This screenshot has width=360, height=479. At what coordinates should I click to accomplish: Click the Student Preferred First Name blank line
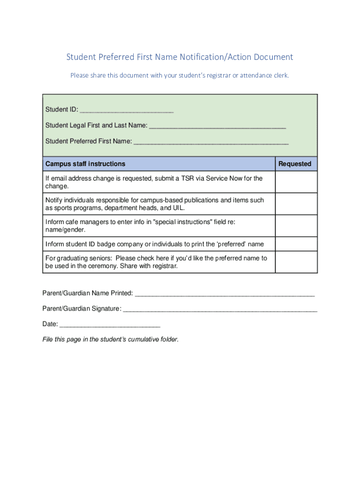pos(211,142)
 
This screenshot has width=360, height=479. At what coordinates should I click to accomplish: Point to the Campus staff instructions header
pos(85,164)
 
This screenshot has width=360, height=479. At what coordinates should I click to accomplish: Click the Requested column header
pos(295,164)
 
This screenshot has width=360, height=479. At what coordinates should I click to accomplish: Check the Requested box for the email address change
pos(296,182)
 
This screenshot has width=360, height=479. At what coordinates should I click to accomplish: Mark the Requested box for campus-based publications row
pos(296,204)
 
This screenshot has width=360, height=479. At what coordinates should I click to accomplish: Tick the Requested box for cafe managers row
pos(296,225)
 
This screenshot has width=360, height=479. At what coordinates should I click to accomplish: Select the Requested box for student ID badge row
pos(296,244)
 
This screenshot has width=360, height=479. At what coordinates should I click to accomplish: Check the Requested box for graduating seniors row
pos(296,262)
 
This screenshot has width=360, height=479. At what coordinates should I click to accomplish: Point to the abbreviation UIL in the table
pos(178,208)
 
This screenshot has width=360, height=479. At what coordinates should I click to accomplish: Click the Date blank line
pos(110,325)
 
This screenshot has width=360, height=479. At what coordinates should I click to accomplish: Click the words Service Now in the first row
pos(224,178)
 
